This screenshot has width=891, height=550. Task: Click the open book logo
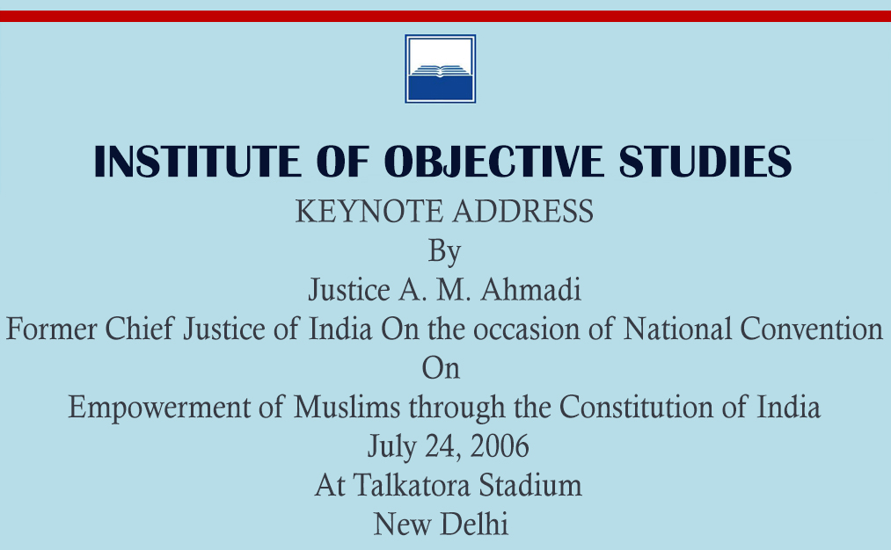point(441,69)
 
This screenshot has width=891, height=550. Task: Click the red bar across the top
point(445,16)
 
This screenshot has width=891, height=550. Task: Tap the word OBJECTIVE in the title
point(493,161)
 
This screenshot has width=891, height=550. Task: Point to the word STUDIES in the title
point(705,161)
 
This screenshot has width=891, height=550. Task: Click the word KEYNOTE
point(369,212)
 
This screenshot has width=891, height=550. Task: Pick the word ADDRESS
point(522,212)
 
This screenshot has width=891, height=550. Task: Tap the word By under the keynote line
point(444,251)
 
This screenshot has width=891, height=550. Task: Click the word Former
point(51,329)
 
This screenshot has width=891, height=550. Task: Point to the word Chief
point(139,329)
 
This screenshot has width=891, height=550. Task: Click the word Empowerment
point(159,408)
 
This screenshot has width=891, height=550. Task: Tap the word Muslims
point(347,407)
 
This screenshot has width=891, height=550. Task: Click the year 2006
point(500,446)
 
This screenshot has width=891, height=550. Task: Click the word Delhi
point(474,524)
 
